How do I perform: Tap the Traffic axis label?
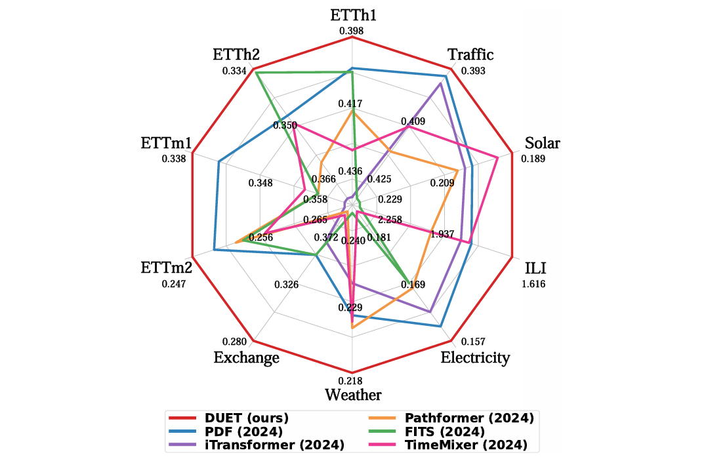point(470,54)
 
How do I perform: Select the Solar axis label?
point(543,144)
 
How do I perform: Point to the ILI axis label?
point(534,269)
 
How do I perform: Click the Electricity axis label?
point(475,358)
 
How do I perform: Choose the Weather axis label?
point(353,395)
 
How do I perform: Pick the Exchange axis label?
point(247,358)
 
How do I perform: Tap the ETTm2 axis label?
point(166,269)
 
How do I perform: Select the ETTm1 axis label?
point(166,144)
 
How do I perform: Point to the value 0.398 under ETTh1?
point(352,31)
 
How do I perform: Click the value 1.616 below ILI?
point(533,284)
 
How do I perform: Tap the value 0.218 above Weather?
point(352,380)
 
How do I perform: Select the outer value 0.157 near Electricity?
point(473,342)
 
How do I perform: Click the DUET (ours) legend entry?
point(230,418)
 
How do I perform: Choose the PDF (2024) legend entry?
point(226,432)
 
